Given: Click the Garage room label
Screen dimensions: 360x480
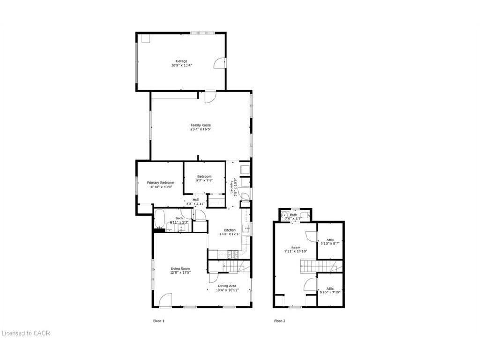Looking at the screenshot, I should [181, 61].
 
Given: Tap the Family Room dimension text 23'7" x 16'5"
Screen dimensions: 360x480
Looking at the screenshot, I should [201, 130].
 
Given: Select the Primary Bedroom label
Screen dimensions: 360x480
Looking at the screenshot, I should [161, 182].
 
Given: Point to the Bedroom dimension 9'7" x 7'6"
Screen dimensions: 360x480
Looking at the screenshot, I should [204, 180].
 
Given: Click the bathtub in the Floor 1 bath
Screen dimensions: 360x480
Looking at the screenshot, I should [159, 219].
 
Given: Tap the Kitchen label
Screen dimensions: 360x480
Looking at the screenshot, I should [229, 230].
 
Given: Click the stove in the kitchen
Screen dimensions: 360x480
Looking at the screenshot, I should [233, 255].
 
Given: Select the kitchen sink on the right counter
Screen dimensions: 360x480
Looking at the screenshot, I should [245, 229].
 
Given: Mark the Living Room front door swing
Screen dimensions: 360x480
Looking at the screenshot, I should [165, 300].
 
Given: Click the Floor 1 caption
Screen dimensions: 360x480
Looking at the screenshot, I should [159, 321].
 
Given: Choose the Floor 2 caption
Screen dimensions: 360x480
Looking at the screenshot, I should [279, 321].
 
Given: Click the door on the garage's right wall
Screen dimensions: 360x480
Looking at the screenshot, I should [220, 63].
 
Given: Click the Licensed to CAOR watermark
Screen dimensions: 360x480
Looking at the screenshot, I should [26, 333].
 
